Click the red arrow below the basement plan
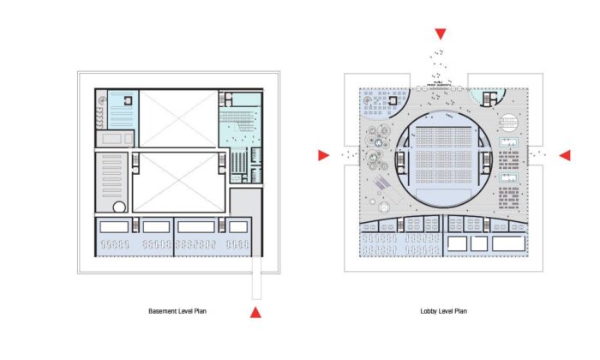255,313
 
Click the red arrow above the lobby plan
441,34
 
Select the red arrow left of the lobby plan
324,155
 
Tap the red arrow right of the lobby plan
565,155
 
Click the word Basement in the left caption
161,311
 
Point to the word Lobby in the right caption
428,311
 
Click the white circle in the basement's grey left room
119,207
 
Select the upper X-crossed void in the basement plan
178,118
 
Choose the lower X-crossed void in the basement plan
178,182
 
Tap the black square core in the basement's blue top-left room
128,100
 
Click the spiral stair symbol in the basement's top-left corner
102,100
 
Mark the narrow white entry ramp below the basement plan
257,278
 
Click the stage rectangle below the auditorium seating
443,196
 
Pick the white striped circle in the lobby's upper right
508,122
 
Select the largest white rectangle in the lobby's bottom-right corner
509,243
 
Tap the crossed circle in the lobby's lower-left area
384,207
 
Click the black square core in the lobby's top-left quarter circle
393,100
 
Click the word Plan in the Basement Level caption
201,311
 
